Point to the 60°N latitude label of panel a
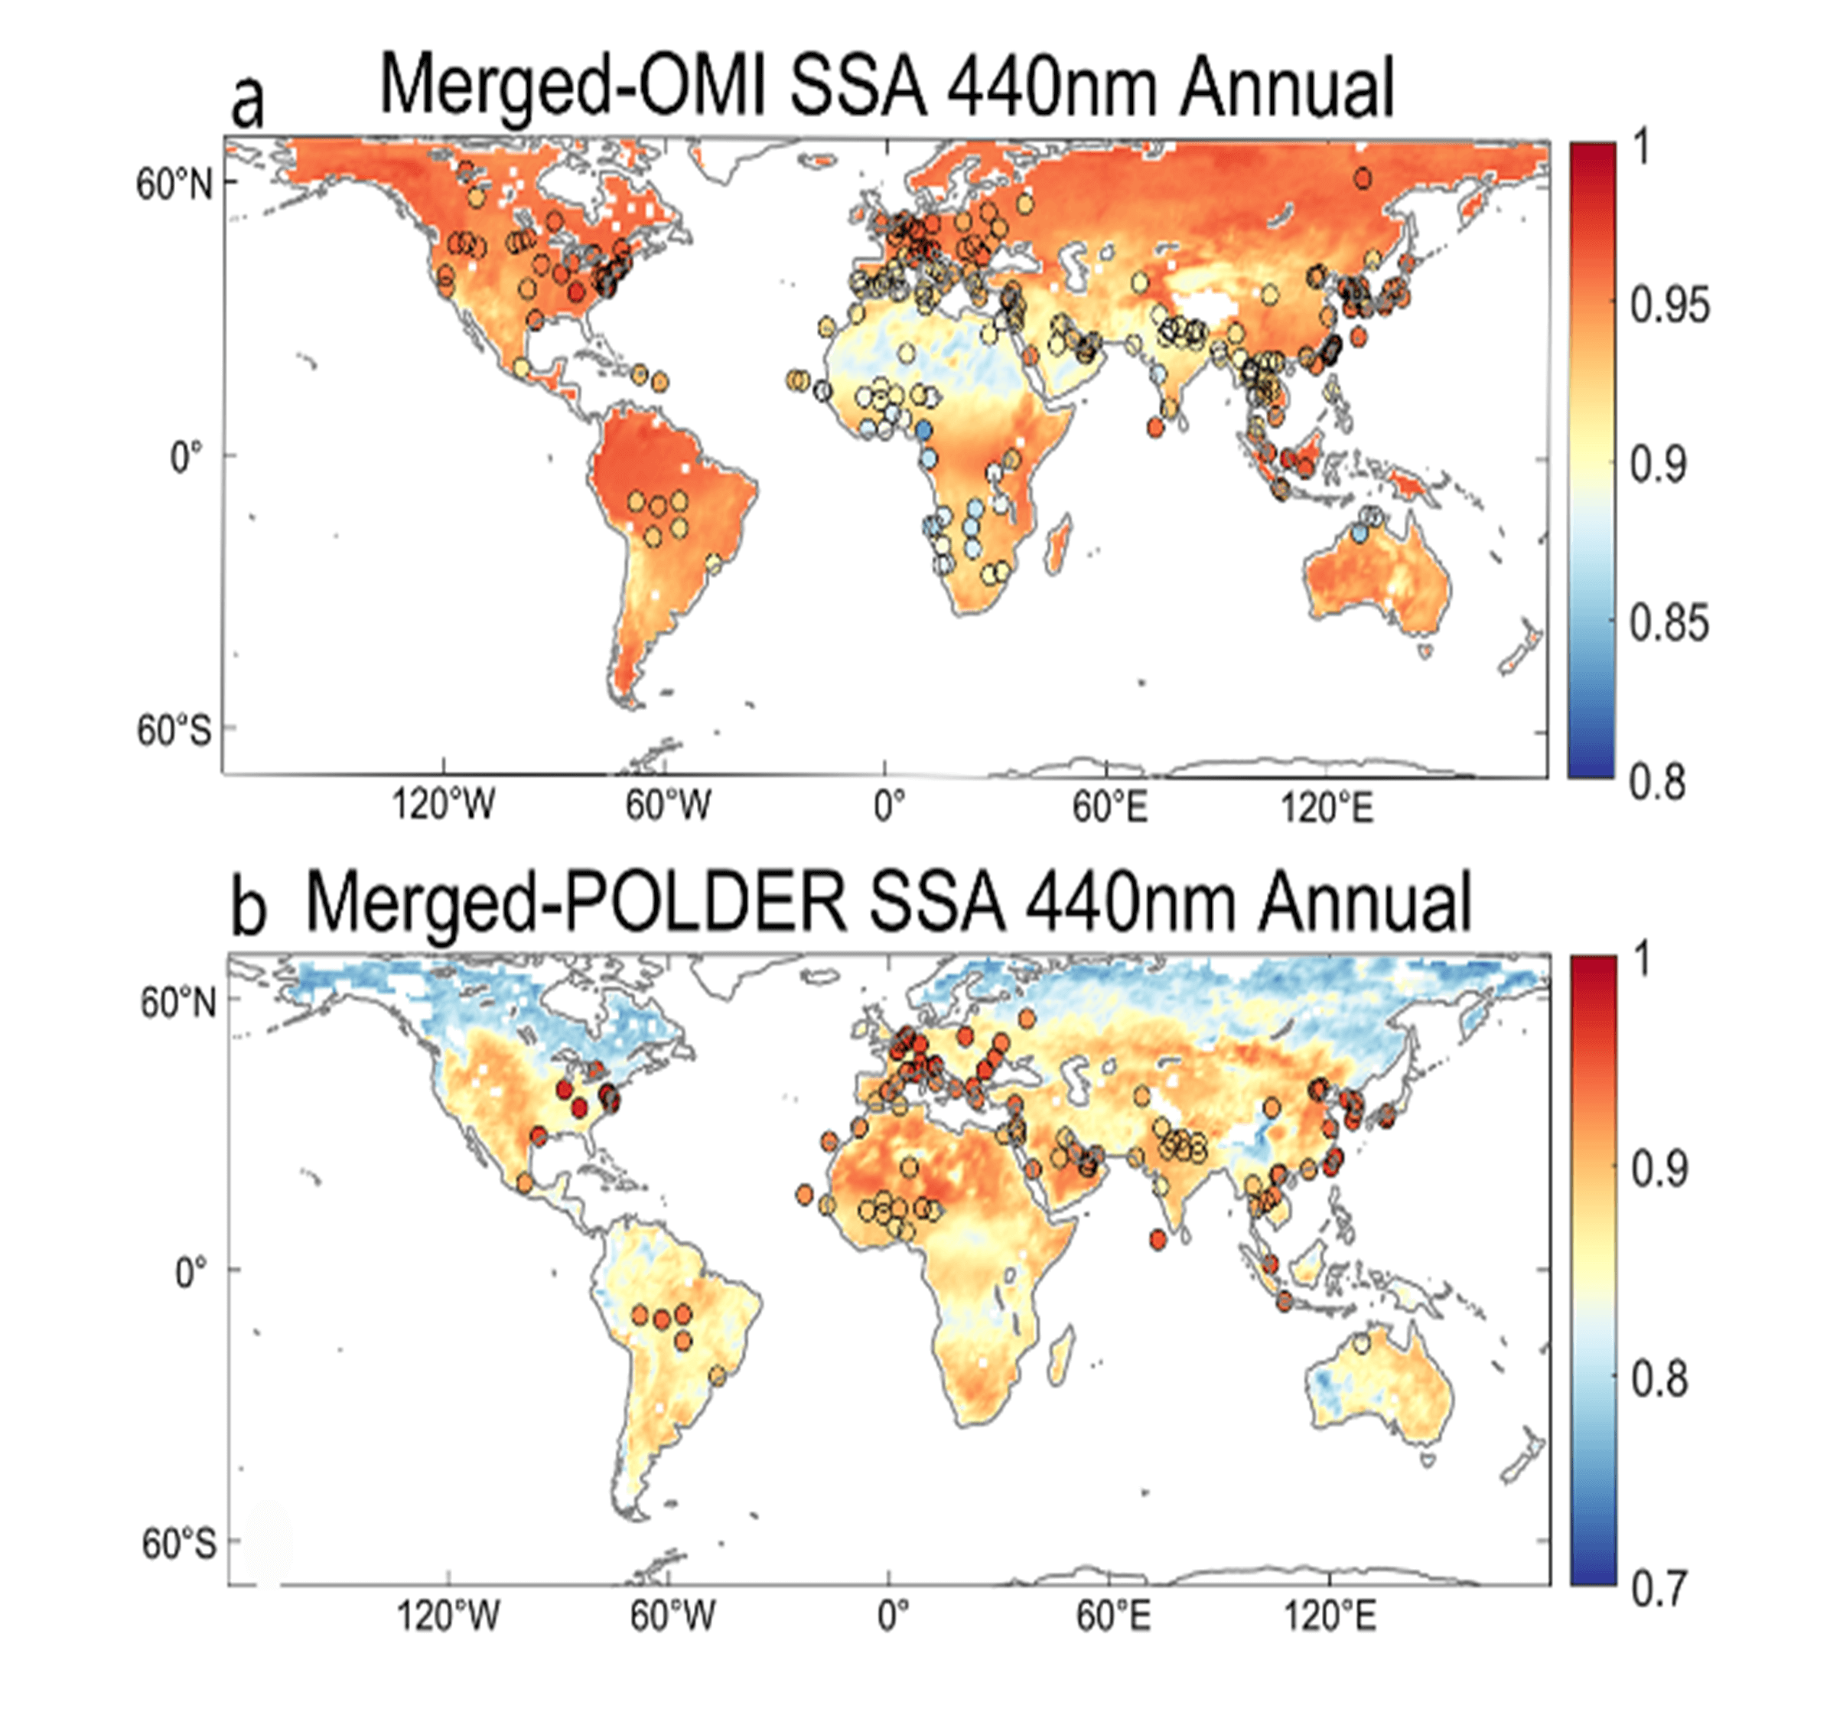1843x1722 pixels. coord(174,184)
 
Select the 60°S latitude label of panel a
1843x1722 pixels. coord(174,732)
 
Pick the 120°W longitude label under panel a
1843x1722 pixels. coord(443,805)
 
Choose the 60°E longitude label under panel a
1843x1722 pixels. coord(1109,807)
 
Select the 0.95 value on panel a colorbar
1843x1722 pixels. coord(1669,306)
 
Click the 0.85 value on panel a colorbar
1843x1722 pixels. coord(1669,622)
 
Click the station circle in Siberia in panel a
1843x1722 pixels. coord(1362,179)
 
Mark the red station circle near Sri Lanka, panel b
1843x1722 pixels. coord(1157,1239)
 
